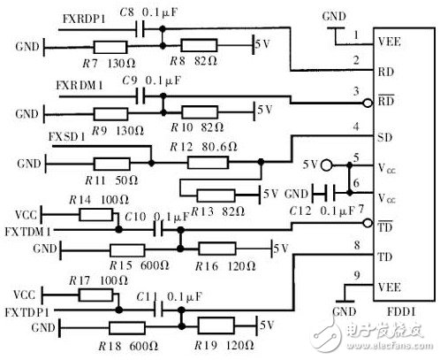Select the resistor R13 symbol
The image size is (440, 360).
(x=216, y=194)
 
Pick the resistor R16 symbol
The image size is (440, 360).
(x=217, y=249)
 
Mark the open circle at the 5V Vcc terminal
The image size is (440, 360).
(x=326, y=165)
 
